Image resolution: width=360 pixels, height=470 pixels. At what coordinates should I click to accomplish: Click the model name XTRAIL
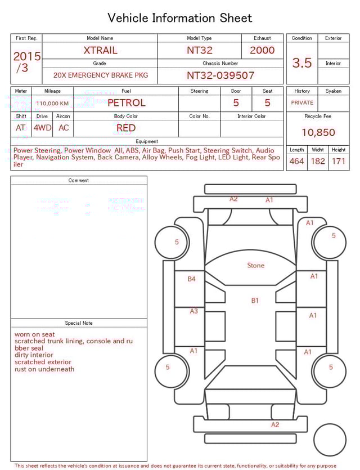coord(100,50)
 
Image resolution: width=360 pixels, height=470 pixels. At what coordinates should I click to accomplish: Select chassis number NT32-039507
coord(220,75)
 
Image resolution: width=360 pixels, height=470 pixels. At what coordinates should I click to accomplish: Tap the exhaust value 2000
coord(262,50)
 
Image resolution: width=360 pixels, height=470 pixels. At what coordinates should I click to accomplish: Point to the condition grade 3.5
coord(302,62)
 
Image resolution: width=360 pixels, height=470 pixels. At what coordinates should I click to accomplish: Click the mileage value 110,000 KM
coord(52,104)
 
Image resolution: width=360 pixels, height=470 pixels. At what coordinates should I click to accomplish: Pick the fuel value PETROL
coord(126,103)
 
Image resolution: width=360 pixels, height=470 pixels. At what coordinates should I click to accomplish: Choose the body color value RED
coord(126,128)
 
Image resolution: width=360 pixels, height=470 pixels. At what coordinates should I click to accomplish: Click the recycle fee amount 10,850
coord(318,132)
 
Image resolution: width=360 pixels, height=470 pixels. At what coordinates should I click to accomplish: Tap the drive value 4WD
coord(42,128)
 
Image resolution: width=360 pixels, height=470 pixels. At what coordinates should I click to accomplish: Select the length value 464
coord(296,162)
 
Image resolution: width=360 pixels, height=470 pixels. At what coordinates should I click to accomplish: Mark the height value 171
coord(338,162)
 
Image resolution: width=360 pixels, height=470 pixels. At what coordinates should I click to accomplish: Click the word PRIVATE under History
coord(302,103)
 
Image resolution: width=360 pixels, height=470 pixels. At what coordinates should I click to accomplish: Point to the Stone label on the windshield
coord(255,265)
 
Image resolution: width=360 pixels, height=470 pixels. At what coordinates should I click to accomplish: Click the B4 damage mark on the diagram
coord(192,279)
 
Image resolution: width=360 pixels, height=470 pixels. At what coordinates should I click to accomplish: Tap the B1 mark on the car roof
coord(255,301)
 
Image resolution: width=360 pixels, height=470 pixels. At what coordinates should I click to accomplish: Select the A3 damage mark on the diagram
coord(193,311)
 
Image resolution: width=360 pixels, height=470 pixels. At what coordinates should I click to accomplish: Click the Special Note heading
coord(79,323)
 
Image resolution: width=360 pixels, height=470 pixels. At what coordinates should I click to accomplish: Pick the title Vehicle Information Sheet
coord(180,18)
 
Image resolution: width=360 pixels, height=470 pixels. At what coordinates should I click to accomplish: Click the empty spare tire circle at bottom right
coord(330,440)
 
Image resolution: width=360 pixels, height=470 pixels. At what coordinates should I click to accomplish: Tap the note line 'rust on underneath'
coord(44,369)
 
